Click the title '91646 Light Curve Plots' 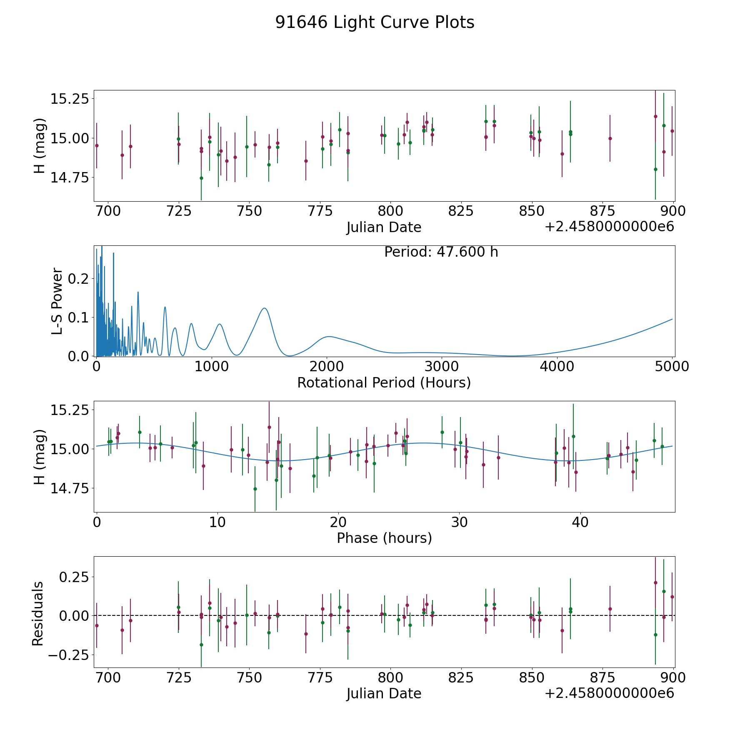375,22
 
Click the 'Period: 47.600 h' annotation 441,252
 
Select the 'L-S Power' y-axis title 57,301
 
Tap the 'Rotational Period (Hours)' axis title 384,382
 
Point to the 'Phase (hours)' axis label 384,538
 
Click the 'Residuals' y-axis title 38,613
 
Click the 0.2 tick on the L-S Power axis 79,279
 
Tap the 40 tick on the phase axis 580,522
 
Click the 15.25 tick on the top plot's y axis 70,99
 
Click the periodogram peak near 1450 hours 264,308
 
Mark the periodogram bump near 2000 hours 329,336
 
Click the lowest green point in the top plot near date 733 201,178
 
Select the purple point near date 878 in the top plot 610,138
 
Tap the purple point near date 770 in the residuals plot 306,634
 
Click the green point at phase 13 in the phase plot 255,489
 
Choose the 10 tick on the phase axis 217,522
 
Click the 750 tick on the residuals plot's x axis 249,678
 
